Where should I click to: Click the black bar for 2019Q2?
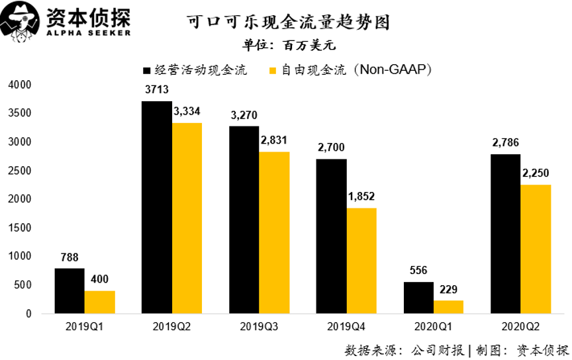(x=156, y=207)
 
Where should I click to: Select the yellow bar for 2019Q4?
(x=361, y=261)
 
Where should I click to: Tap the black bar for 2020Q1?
(x=418, y=298)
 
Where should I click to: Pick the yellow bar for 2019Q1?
(x=99, y=302)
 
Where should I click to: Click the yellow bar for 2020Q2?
(x=536, y=249)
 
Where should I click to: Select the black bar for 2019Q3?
(x=244, y=220)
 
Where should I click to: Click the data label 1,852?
(x=362, y=197)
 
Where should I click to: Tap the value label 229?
(x=449, y=289)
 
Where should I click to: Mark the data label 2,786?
(x=506, y=143)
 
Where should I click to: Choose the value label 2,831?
(x=275, y=140)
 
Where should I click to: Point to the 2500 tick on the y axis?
(x=20, y=171)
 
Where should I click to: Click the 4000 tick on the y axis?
(x=20, y=85)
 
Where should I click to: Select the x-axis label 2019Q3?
(x=259, y=327)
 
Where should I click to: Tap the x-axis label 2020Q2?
(x=520, y=327)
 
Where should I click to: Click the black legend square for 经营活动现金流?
(x=146, y=70)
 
